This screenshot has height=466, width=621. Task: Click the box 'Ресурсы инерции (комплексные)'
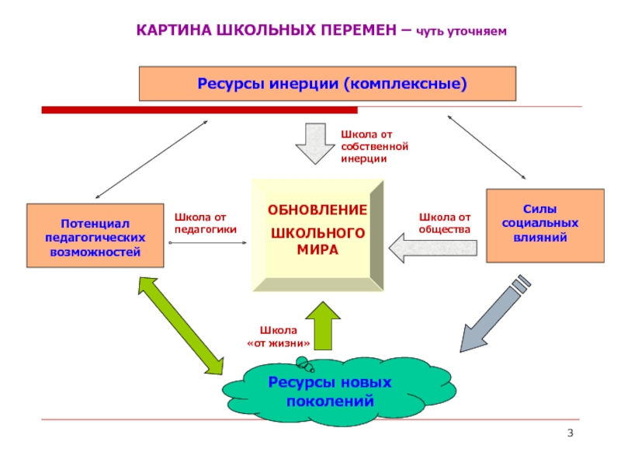[328, 84]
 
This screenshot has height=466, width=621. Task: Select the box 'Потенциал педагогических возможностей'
[95, 236]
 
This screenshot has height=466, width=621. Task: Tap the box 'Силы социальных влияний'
[546, 225]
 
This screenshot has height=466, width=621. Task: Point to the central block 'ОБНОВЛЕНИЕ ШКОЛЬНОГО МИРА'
[317, 235]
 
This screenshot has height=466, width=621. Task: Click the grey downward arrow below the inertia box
[315, 144]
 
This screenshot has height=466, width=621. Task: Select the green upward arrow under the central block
[323, 325]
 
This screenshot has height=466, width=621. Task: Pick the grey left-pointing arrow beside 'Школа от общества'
[433, 248]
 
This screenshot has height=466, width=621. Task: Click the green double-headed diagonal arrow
[181, 325]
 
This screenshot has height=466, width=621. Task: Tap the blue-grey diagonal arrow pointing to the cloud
[495, 313]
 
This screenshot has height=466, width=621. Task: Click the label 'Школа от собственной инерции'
[374, 147]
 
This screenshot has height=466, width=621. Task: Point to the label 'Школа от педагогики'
[205, 223]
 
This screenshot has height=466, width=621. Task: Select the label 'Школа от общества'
[445, 223]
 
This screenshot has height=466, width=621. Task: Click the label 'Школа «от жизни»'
[279, 337]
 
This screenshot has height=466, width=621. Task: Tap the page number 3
[571, 433]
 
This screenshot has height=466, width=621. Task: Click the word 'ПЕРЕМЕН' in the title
[359, 30]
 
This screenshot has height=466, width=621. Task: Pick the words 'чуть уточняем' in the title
[461, 31]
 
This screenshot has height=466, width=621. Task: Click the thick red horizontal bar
[199, 110]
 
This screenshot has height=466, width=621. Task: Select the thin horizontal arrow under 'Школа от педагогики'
[208, 242]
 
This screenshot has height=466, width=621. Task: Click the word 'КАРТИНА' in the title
[174, 30]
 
